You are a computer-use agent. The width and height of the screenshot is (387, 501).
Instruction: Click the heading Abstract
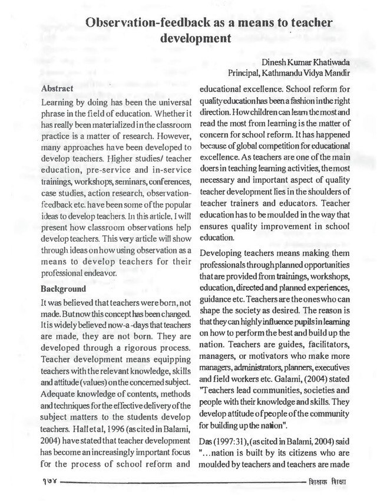[x=57, y=88]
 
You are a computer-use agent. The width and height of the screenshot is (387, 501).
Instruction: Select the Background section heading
[x=63, y=290]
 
